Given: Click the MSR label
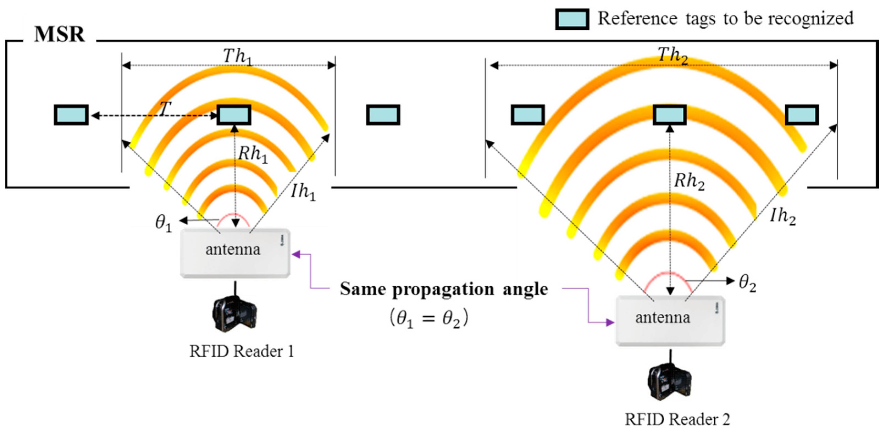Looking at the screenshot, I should [x=59, y=34].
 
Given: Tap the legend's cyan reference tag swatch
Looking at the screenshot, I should [x=572, y=19].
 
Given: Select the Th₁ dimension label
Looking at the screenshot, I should [x=237, y=56].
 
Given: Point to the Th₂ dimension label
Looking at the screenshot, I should [x=673, y=55].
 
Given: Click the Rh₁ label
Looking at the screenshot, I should [x=253, y=154].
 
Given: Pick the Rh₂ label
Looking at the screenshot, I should [x=689, y=181].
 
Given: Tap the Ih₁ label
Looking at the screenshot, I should [x=303, y=191].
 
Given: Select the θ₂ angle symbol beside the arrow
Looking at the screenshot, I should [x=747, y=283].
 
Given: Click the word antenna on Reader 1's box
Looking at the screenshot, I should [x=233, y=249].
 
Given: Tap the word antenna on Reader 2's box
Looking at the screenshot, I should [x=662, y=317].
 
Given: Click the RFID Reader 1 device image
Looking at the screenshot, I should [x=235, y=314].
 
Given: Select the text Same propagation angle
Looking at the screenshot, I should [x=444, y=289].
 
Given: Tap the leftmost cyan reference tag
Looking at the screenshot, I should [x=71, y=115].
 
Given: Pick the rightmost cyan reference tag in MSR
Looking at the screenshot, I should [x=801, y=115].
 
